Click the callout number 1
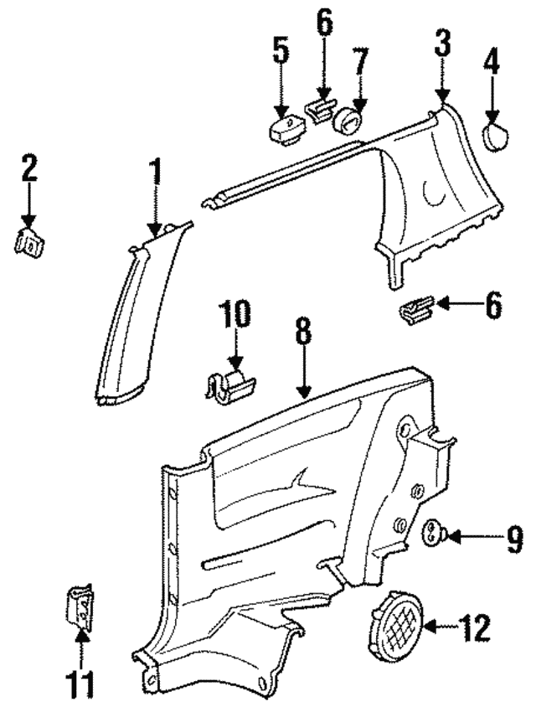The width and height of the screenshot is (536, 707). pyautogui.click(x=154, y=174)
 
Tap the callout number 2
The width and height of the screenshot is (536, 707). pyautogui.click(x=29, y=168)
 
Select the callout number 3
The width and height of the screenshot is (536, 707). pyautogui.click(x=441, y=44)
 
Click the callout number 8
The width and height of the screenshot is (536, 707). pyautogui.click(x=302, y=333)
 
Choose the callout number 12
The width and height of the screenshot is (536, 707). pyautogui.click(x=470, y=627)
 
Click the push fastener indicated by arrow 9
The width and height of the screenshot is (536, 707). pyautogui.click(x=435, y=533)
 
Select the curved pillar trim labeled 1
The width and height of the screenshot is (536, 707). pyautogui.click(x=126, y=318)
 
